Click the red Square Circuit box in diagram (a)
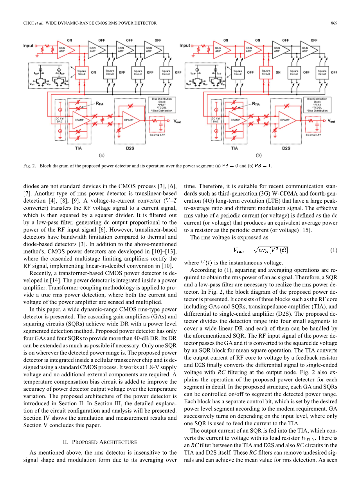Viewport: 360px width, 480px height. click(x=81, y=72)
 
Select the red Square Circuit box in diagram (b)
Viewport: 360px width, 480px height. click(x=266, y=72)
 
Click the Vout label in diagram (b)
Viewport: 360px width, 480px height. click(x=331, y=121)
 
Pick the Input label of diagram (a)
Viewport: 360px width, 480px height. click(x=28, y=45)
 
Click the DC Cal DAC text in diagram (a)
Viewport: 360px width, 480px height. click(x=60, y=120)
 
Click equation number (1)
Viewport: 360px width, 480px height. click(x=333, y=250)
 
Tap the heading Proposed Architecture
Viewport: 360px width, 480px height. click(x=100, y=442)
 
